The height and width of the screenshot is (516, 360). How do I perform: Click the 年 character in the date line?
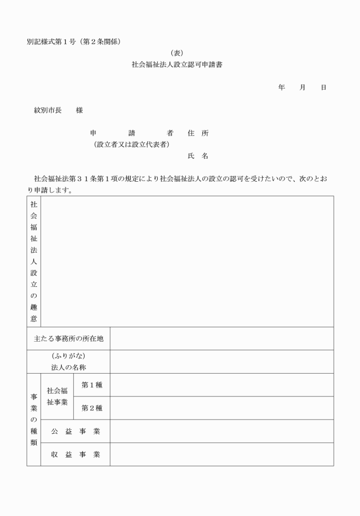pos(282,87)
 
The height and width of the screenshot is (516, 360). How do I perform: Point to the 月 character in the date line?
pos(302,87)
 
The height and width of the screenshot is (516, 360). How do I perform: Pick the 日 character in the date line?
pos(323,87)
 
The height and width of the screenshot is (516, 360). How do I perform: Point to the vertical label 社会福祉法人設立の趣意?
pos(34,261)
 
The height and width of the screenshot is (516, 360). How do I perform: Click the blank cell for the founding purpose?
pos(187,261)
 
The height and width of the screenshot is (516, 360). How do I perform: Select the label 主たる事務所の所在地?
pos(69,339)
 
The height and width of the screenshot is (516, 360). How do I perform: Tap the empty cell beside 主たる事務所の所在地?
pos(222,339)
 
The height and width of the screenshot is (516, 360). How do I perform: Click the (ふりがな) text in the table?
pos(69,356)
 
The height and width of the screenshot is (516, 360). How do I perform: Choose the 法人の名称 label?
pos(69,367)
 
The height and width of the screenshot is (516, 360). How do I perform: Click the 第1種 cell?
pos(92,385)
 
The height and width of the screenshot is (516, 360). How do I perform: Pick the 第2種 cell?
pos(92,408)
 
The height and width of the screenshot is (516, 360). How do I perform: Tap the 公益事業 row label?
pos(75,431)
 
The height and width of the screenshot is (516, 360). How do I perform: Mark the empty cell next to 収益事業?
pos(222,454)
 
